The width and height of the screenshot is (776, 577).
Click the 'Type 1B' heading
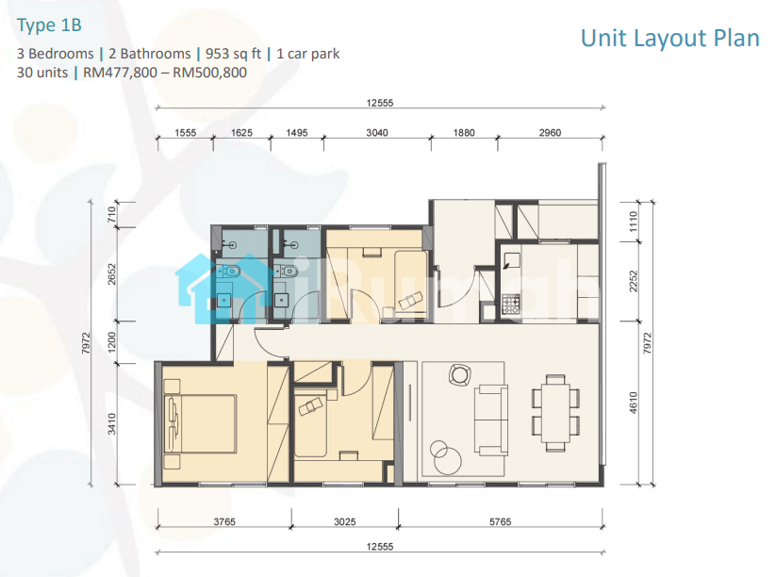click(x=49, y=25)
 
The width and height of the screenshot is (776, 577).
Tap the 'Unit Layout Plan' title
click(x=669, y=38)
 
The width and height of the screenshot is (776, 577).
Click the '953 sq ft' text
click(x=233, y=54)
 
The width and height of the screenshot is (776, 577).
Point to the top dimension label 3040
click(x=376, y=133)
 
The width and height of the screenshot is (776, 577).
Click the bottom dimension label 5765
click(x=500, y=521)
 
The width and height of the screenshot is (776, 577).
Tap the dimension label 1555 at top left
click(x=185, y=133)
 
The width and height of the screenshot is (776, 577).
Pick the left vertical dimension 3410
click(x=112, y=423)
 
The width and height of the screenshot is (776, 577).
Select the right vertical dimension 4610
click(x=634, y=403)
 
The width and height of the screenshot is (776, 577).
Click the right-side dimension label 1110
click(x=634, y=222)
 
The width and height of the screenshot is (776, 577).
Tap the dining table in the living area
click(x=555, y=413)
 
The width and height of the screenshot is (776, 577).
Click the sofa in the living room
click(x=491, y=420)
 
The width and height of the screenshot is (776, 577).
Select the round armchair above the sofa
click(x=460, y=374)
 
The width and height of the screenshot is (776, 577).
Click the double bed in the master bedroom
click(x=200, y=423)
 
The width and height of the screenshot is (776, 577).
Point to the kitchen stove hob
click(x=511, y=304)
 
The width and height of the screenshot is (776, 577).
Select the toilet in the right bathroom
click(x=287, y=271)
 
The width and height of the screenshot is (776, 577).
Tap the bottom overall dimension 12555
click(x=380, y=546)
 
